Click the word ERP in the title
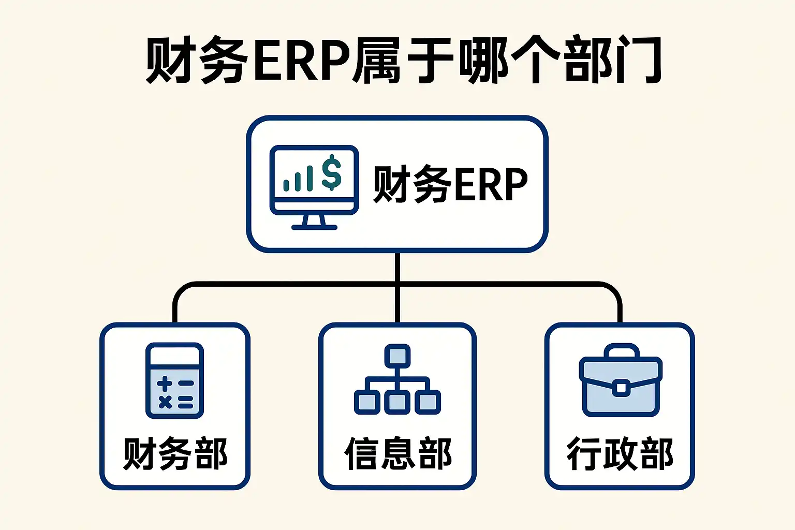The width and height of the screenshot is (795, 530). (302, 60)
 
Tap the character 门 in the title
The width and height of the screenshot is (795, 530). (637, 60)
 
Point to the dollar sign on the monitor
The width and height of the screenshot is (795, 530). (331, 173)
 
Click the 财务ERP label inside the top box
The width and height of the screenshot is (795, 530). (449, 184)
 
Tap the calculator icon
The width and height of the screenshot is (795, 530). (174, 380)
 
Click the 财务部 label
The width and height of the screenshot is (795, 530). (175, 454)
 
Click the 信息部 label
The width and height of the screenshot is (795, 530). (397, 454)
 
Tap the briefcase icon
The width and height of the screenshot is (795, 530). (620, 380)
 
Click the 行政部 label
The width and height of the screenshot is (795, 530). (620, 454)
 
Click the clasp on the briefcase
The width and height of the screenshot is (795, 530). (620, 387)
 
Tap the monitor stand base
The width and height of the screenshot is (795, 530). (314, 227)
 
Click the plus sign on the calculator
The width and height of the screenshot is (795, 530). (165, 384)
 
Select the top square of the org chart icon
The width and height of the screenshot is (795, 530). (397, 356)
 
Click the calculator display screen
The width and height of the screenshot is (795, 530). (174, 356)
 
